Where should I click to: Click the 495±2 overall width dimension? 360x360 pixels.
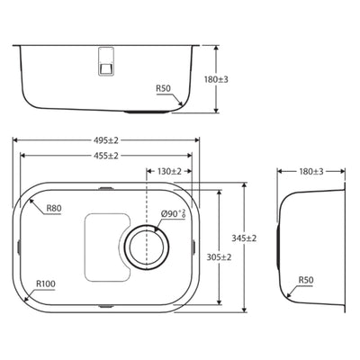106,140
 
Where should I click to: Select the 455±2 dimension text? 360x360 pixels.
106,156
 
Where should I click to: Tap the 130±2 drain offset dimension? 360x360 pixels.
169,171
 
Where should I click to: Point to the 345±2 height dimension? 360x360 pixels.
244,238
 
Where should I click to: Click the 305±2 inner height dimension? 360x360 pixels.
219,257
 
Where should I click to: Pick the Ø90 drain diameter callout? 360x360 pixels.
173,214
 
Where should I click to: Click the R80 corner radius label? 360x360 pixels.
54,208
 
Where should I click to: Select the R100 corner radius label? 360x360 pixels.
46,283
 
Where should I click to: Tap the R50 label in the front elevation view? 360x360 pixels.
163,88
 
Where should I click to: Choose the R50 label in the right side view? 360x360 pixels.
306,280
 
